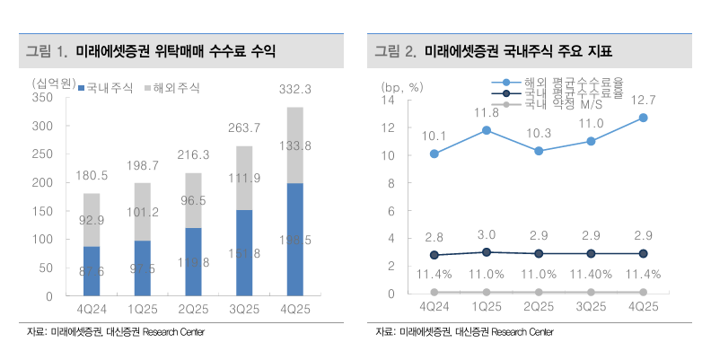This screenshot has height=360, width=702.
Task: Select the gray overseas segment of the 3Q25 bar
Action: (x=245, y=178)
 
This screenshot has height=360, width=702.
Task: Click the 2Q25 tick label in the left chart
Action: (x=194, y=306)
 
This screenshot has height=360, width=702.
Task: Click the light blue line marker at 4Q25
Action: (x=643, y=118)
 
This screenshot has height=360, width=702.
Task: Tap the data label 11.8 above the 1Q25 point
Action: (x=487, y=113)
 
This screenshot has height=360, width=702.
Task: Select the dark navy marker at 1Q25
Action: (x=487, y=252)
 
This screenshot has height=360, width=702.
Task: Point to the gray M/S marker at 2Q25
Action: (x=539, y=292)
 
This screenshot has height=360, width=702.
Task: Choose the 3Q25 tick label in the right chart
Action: (x=591, y=306)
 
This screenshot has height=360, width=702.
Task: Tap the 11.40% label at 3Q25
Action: (x=591, y=275)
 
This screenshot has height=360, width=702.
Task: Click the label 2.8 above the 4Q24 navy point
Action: (x=434, y=237)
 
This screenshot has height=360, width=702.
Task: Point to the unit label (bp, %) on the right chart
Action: (x=402, y=87)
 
